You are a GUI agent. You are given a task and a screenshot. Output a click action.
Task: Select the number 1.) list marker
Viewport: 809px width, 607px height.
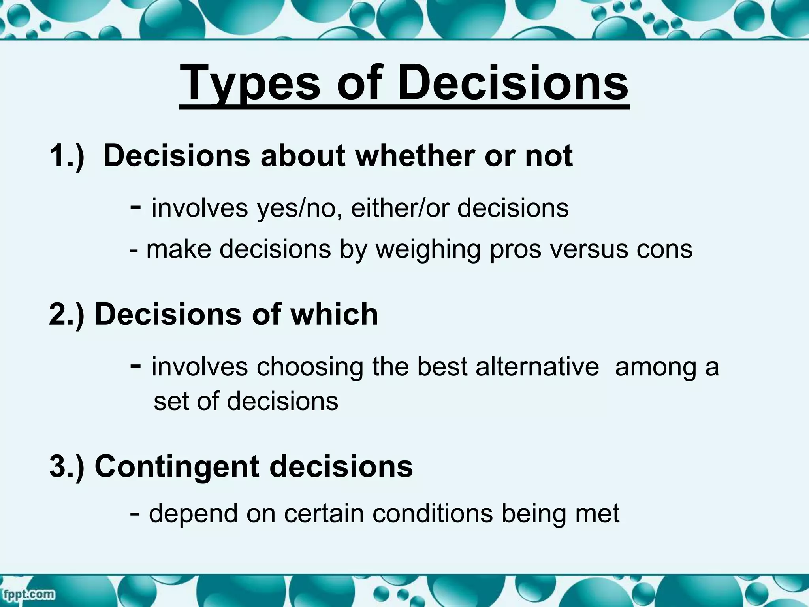point(67,156)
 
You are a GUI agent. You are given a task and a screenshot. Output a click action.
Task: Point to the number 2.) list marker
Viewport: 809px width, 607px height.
point(66,315)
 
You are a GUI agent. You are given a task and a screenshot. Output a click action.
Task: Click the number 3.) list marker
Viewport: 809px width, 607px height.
point(66,466)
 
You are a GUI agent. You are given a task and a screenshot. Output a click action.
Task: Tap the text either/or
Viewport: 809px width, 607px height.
point(400,208)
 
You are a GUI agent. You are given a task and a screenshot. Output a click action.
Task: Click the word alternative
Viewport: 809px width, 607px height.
point(537,367)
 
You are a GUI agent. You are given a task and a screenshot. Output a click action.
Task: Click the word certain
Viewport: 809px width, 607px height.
point(324,514)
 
